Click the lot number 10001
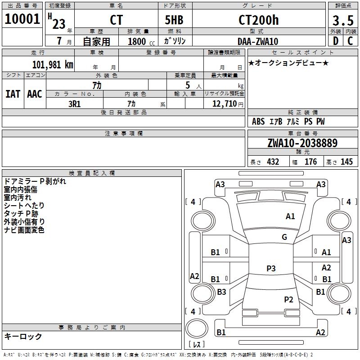(22, 19)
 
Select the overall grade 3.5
(343, 21)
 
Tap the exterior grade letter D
(336, 41)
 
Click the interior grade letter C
(350, 41)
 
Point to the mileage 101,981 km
(53, 65)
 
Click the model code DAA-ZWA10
(258, 41)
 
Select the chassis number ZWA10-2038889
(302, 143)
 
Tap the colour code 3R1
(74, 104)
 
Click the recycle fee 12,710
(224, 104)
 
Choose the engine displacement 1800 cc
(141, 42)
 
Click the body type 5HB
(174, 20)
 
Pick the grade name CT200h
(258, 20)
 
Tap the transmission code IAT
(13, 94)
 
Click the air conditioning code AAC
(35, 94)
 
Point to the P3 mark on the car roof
(271, 268)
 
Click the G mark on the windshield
(284, 237)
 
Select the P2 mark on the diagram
(288, 299)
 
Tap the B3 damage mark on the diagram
(221, 292)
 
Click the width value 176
(310, 162)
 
